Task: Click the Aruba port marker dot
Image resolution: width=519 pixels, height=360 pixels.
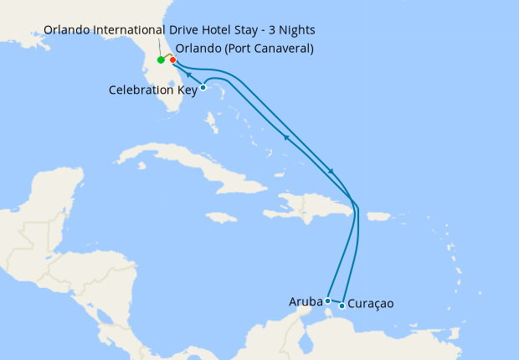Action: point(328,301)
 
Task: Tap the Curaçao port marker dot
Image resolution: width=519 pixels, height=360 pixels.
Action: point(342,306)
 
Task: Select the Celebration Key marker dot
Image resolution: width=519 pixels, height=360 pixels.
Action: point(203,87)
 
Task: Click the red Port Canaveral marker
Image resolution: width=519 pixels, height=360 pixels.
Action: point(172,60)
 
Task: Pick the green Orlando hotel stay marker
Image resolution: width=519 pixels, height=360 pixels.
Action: point(160,60)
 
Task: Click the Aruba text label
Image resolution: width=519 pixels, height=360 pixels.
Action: point(306,301)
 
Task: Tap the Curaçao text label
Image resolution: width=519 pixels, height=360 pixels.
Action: point(370,304)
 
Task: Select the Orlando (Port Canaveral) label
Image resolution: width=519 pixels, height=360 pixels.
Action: point(244,49)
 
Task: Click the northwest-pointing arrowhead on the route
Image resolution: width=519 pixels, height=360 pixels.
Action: point(286,136)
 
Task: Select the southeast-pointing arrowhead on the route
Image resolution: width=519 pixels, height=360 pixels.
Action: point(331,172)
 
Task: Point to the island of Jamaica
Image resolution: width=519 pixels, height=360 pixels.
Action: point(221,217)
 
